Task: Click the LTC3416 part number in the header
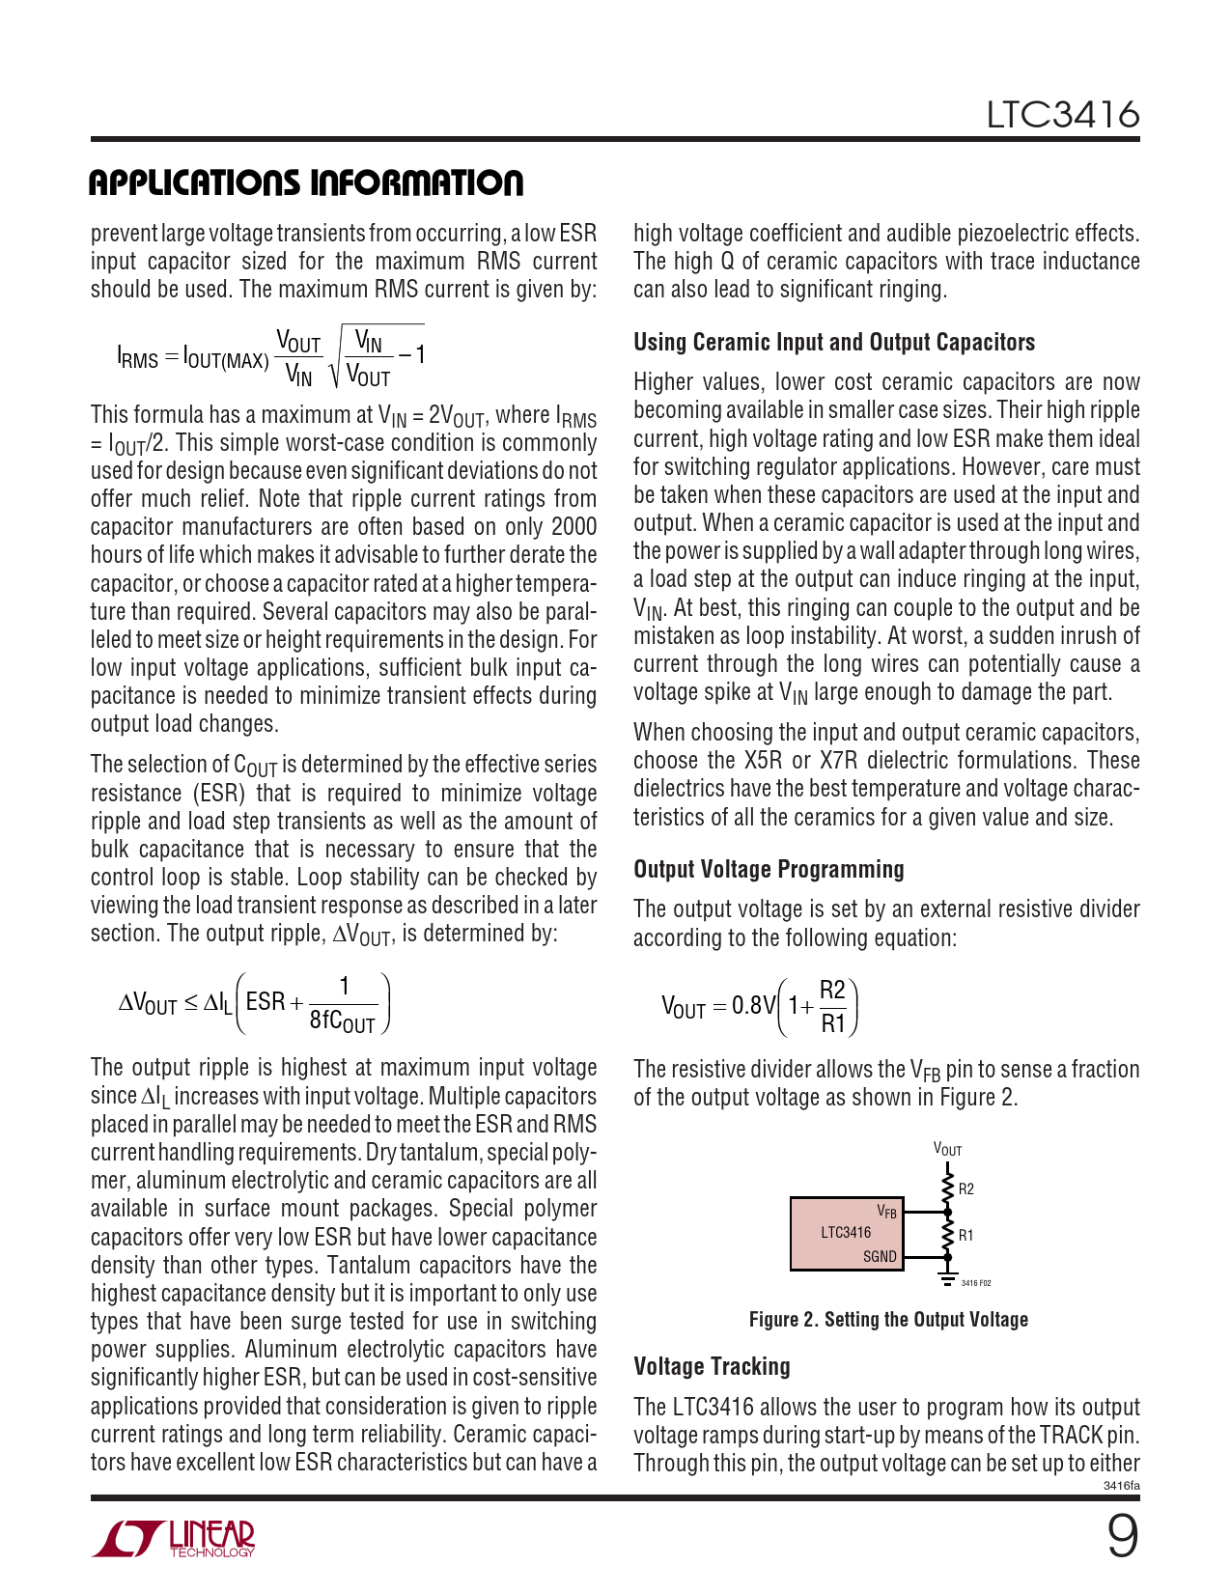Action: (1062, 115)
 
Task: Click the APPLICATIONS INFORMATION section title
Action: (306, 182)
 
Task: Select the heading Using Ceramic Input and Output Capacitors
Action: (834, 342)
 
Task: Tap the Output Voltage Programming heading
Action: (769, 869)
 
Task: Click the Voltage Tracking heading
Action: (712, 1366)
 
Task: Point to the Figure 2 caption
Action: (888, 1320)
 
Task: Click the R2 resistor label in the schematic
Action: (966, 1189)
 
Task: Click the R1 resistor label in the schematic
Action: (966, 1236)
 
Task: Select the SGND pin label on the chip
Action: (880, 1257)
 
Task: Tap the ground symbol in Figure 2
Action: (947, 1279)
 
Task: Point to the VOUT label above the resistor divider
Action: (947, 1150)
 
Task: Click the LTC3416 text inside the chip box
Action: (846, 1233)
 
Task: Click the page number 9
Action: (1121, 1537)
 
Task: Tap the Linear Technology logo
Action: (174, 1539)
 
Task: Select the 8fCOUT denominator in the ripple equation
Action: (342, 1021)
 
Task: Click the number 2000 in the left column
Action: (574, 527)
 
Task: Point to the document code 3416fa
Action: (1121, 1486)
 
